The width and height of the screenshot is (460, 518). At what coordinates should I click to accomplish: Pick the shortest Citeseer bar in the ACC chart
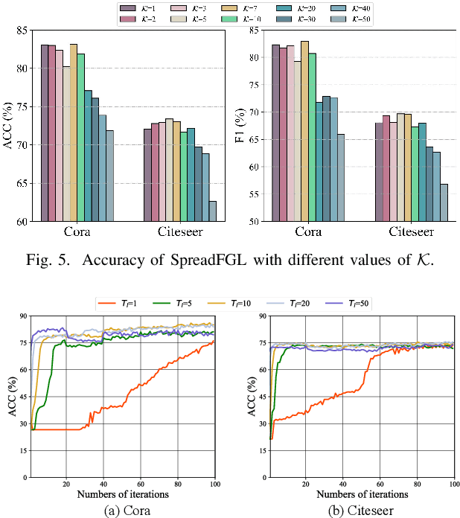click(213, 211)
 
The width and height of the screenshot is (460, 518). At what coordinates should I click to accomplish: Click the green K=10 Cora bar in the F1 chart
click(313, 137)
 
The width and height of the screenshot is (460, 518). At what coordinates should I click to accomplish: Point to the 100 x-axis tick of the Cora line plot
click(215, 485)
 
